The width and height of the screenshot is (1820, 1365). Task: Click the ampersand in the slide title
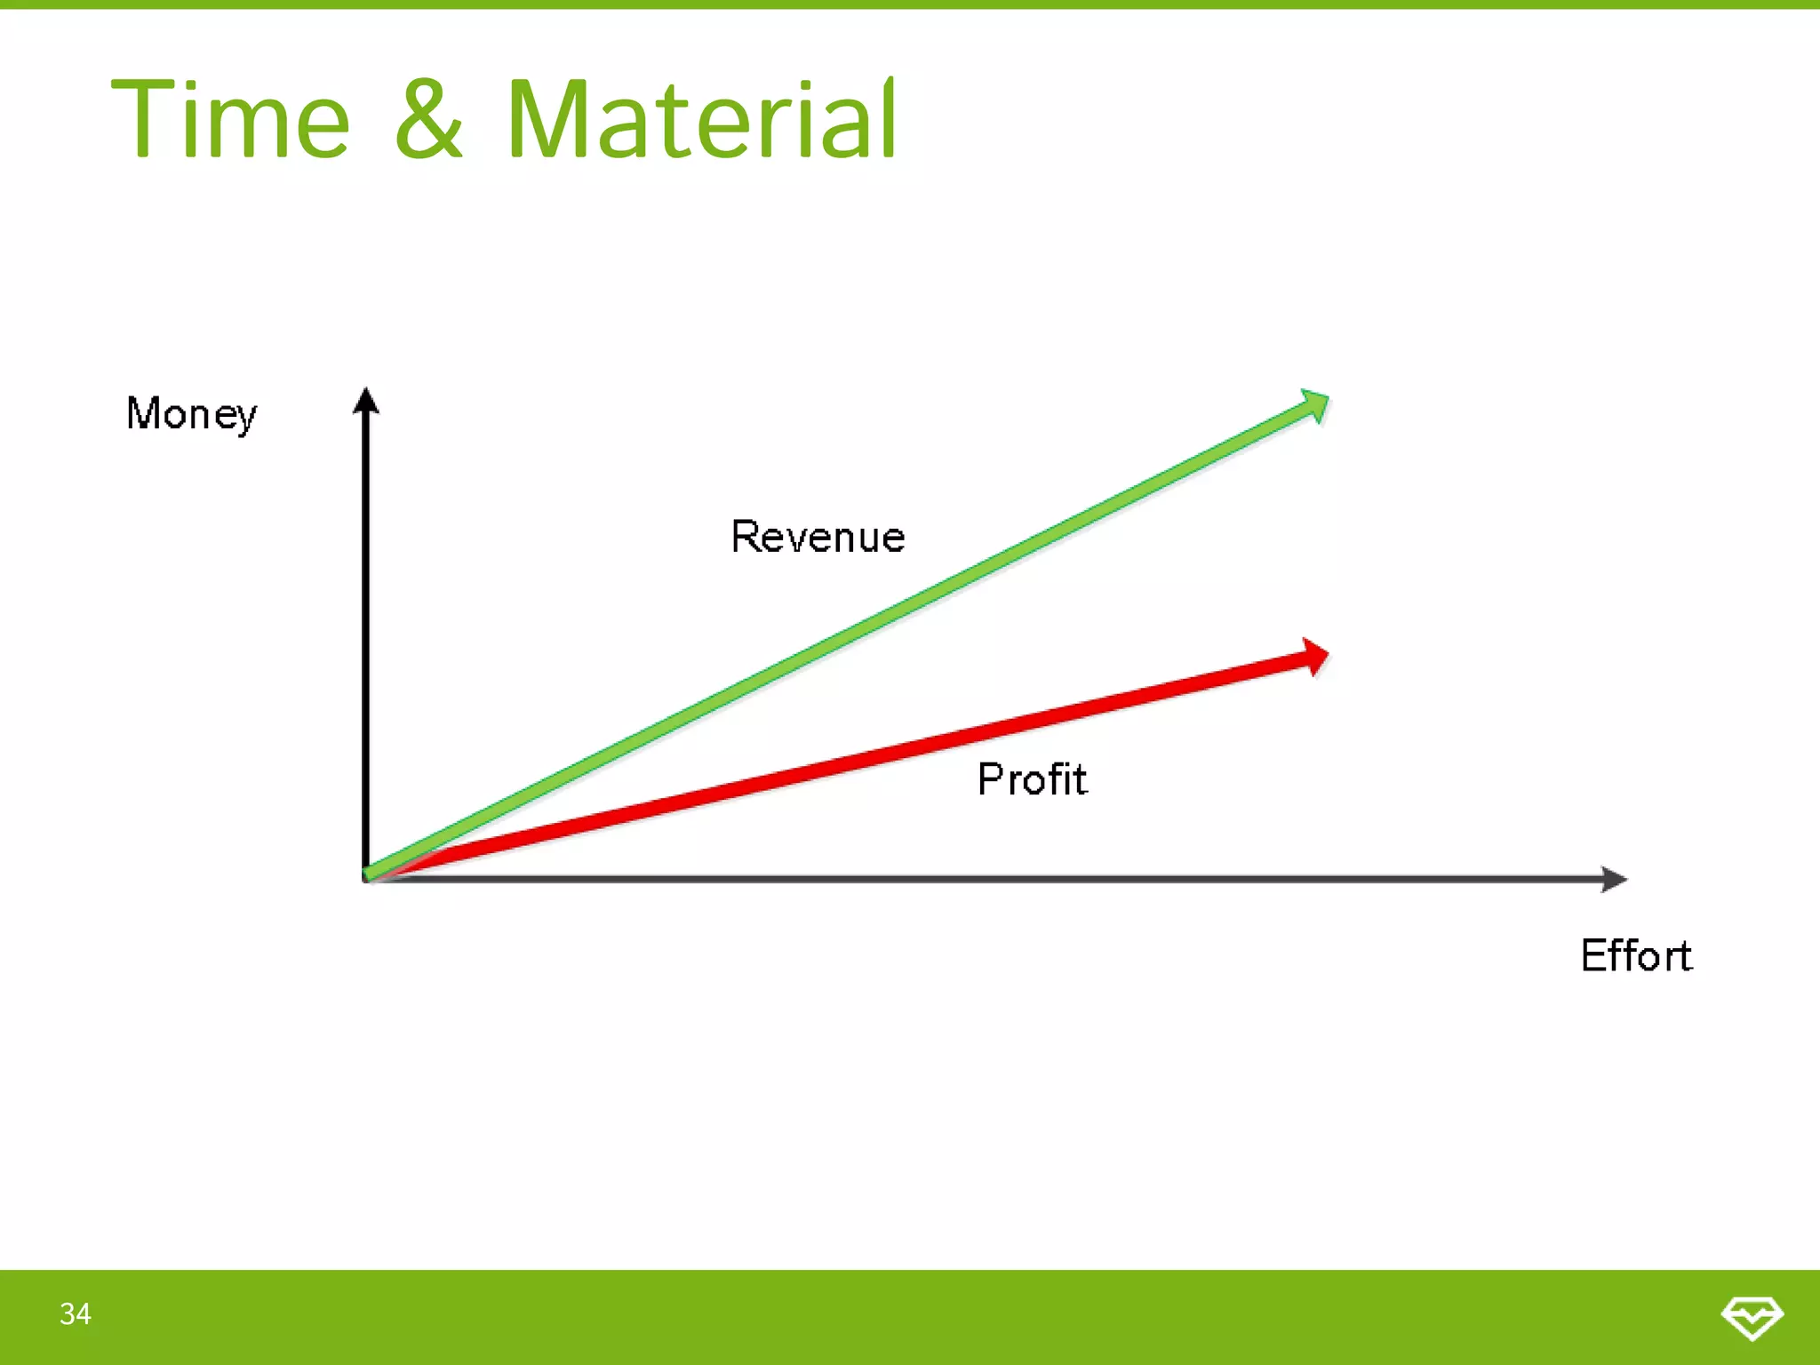[x=429, y=120]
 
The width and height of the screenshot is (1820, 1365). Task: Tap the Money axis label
[x=191, y=414]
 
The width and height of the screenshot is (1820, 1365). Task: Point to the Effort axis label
[x=1636, y=956]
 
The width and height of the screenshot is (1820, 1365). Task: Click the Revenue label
[x=818, y=537]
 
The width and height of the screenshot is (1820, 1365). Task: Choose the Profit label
[x=1032, y=779]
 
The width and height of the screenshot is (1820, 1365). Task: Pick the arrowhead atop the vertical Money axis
[x=365, y=401]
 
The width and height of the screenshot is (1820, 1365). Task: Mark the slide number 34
[x=76, y=1313]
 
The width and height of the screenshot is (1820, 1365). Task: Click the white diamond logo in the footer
[x=1752, y=1316]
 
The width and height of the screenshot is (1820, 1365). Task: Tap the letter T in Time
[x=143, y=120]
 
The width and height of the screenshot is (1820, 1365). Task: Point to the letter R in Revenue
[x=745, y=537]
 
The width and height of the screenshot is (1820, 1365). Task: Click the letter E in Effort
[x=1594, y=956]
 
